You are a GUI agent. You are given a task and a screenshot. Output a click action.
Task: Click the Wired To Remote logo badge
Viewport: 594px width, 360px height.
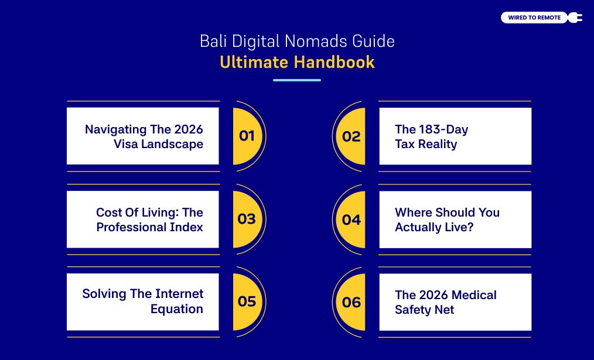coord(534,18)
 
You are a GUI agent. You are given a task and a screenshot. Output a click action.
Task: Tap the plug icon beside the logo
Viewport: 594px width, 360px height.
coord(575,18)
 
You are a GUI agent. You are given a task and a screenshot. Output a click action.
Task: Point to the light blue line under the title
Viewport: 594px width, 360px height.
coord(297,80)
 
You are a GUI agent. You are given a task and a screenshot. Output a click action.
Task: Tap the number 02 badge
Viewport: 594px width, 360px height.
coord(351,136)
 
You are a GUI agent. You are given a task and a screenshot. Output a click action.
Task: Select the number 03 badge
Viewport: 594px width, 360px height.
coord(247,219)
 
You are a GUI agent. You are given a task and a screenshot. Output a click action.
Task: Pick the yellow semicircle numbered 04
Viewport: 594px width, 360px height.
coord(351,220)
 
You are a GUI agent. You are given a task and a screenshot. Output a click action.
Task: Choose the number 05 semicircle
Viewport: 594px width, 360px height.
coord(247,301)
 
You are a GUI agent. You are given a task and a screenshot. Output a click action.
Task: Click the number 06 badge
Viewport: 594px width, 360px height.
coord(351,302)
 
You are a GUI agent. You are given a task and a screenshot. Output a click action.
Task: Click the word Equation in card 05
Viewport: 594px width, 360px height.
coord(176,308)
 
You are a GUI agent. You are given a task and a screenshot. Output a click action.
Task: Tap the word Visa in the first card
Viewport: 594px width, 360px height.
coord(127,143)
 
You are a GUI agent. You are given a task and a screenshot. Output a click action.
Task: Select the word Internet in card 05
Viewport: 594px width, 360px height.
coord(179,293)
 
